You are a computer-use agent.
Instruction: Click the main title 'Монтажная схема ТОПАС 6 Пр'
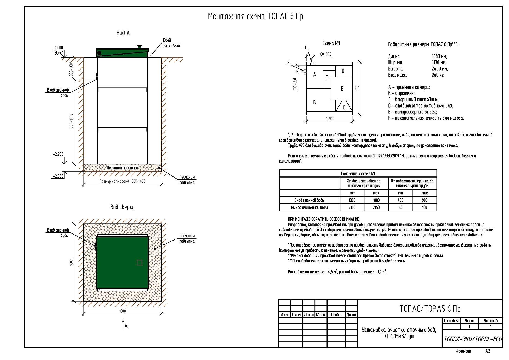255,17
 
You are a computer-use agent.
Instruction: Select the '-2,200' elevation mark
58,154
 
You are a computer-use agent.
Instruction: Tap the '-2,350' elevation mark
58,176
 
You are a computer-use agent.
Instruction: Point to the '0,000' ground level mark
59,48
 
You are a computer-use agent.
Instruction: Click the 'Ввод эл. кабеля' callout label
171,43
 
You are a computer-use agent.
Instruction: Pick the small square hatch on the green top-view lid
139,263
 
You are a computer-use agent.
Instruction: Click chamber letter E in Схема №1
342,89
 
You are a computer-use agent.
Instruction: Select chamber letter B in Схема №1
314,103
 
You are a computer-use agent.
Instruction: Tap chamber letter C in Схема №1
344,107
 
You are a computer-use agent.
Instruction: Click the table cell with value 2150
376,208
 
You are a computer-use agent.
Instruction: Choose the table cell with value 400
400,200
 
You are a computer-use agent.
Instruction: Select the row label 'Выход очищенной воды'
309,208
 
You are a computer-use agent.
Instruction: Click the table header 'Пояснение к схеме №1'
358,173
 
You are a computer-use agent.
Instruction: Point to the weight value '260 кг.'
438,75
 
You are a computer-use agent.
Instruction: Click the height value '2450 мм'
440,69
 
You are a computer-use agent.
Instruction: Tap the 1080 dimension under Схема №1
329,119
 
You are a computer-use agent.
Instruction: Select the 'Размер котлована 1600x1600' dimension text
122,181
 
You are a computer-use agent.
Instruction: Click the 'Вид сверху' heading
122,207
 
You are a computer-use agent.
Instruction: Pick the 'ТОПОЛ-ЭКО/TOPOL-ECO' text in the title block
473,339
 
